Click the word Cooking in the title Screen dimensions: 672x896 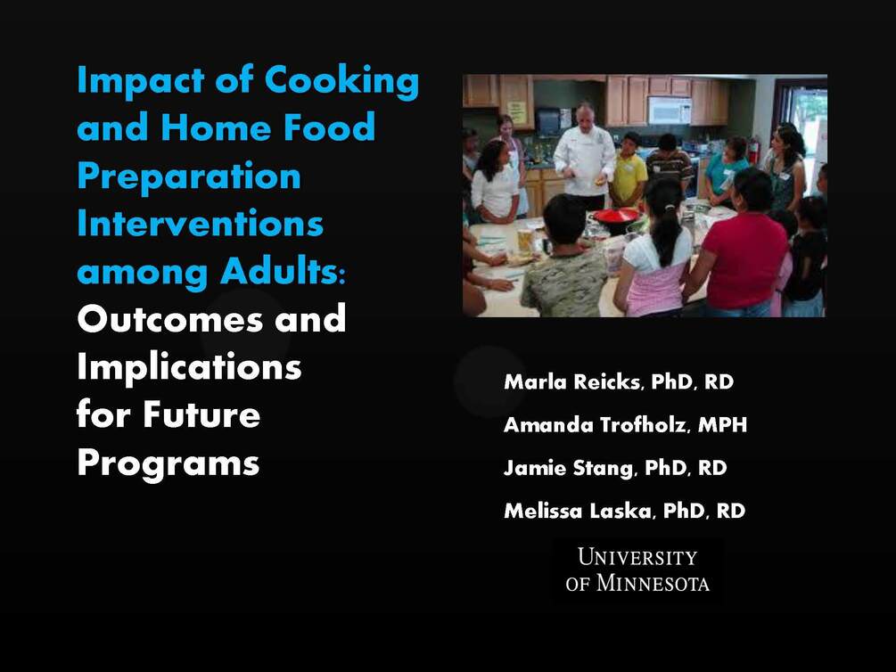point(342,82)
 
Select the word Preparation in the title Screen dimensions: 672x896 point(189,176)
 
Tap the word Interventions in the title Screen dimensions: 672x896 point(200,224)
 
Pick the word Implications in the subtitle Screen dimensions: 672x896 point(189,366)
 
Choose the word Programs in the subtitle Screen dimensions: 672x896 point(169,463)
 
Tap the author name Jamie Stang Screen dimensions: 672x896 point(564,468)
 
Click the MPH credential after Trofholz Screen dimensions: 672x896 point(722,425)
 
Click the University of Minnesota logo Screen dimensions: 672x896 point(637,570)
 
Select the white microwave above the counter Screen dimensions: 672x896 point(669,110)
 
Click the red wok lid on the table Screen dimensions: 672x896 point(616,215)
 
